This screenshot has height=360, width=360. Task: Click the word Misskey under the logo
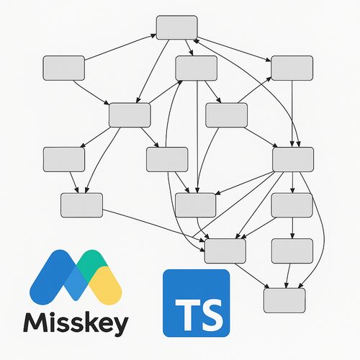(x=76, y=324)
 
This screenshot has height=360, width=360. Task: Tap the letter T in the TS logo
(x=186, y=314)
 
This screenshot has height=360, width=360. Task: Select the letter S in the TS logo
(x=211, y=315)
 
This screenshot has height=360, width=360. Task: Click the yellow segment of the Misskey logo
(x=107, y=286)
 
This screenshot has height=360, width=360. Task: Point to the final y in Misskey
(x=120, y=327)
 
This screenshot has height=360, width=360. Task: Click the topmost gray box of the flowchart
(x=177, y=27)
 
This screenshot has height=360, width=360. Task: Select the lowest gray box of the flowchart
(x=284, y=300)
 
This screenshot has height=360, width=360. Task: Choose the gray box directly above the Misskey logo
(x=81, y=205)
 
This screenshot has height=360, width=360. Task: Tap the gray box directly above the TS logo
(x=225, y=251)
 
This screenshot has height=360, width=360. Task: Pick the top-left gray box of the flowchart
(x=64, y=68)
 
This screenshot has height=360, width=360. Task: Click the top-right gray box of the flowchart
(x=292, y=68)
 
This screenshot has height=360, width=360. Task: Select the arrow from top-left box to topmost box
(x=120, y=47)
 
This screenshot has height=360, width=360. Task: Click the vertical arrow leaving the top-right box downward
(x=292, y=113)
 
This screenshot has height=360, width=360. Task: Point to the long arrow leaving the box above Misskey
(x=153, y=225)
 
